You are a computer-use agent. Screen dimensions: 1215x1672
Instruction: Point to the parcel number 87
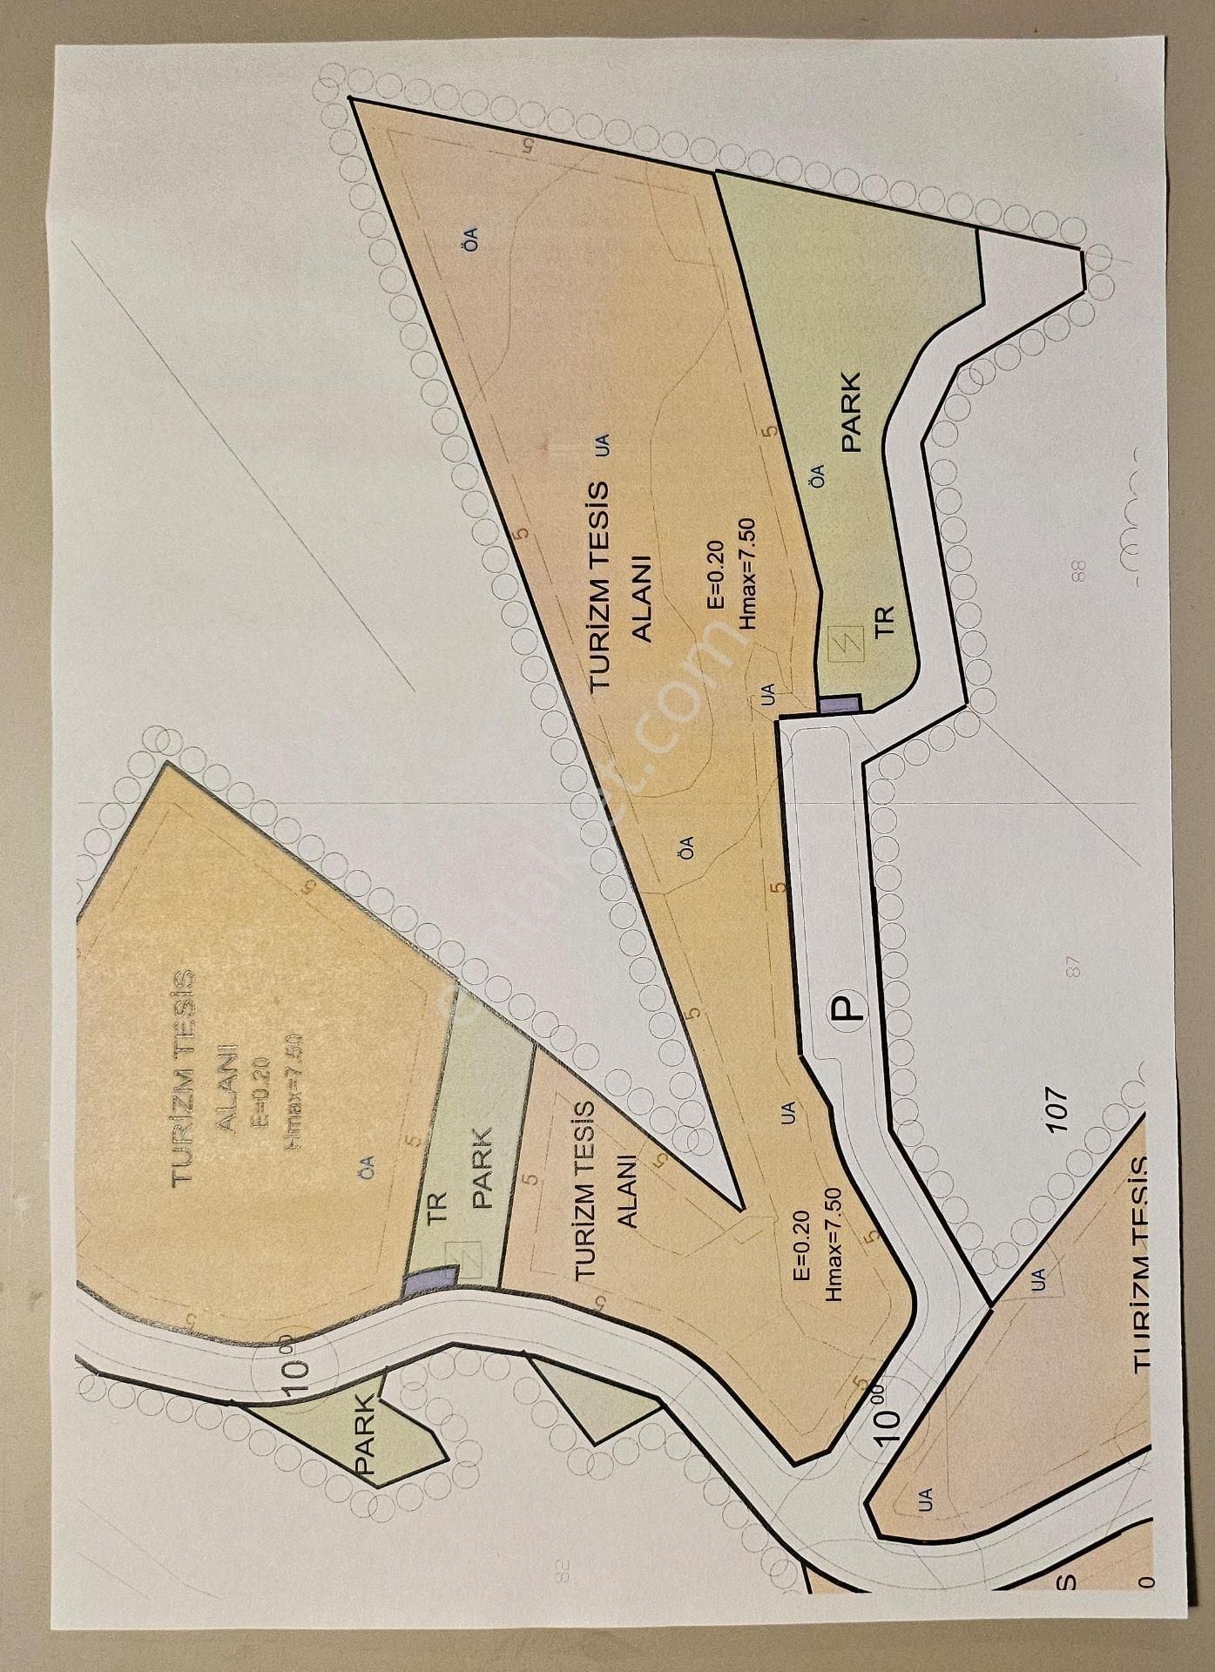pyautogui.click(x=1073, y=967)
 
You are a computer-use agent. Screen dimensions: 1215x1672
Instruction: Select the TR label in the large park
pyautogui.click(x=885, y=620)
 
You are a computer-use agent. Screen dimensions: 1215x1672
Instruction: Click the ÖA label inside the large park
pyautogui.click(x=816, y=475)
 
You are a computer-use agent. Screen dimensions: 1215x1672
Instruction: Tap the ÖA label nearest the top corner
pyautogui.click(x=471, y=238)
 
